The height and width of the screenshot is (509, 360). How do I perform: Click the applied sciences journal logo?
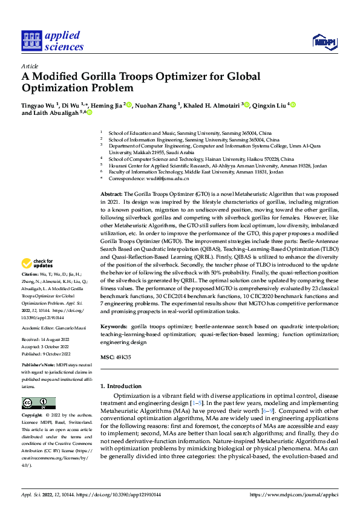pyautogui.click(x=53, y=41)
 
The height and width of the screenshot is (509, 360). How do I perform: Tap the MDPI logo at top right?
pyautogui.click(x=323, y=41)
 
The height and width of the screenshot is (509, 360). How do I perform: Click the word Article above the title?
pyautogui.click(x=30, y=66)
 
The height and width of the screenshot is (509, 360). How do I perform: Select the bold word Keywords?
pyautogui.click(x=114, y=326)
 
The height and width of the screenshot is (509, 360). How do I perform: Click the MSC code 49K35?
pyautogui.click(x=123, y=358)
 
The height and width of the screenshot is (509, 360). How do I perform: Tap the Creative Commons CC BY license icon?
pyautogui.click(x=38, y=403)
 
